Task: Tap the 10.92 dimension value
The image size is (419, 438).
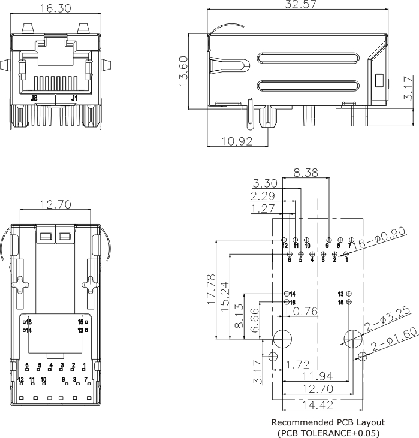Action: click(236, 141)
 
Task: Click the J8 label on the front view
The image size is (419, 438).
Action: click(34, 98)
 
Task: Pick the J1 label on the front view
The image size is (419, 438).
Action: click(74, 98)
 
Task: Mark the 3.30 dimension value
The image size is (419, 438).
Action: click(265, 183)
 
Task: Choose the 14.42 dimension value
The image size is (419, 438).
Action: click(316, 405)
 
